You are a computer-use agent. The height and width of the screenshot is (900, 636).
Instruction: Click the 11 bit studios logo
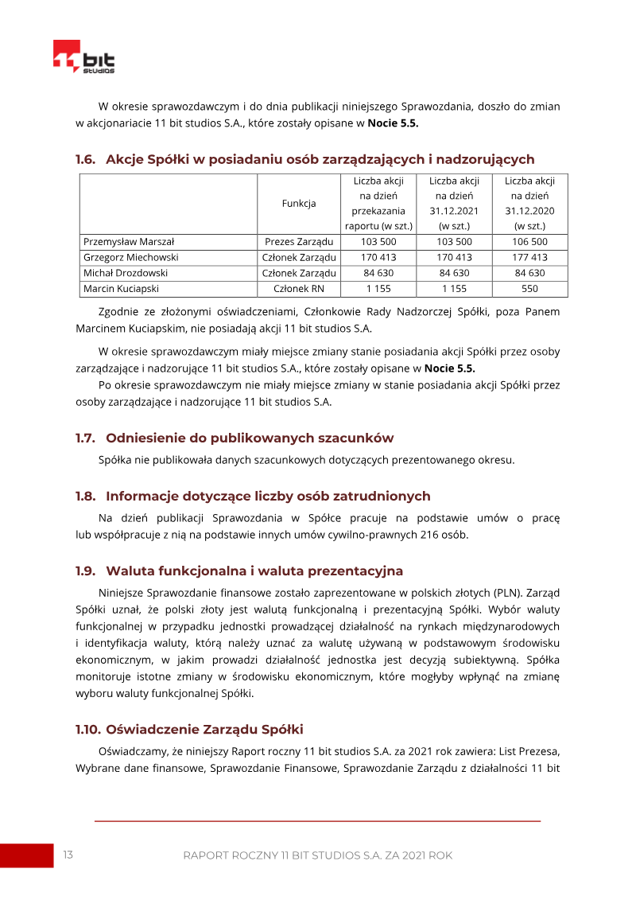[83, 56]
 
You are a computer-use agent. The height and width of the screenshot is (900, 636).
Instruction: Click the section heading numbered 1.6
[304, 159]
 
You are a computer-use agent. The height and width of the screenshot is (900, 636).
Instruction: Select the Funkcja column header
[299, 203]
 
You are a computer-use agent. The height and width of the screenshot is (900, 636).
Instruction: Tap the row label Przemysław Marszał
[129, 241]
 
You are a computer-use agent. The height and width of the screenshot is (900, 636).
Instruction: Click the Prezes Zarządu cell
[299, 241]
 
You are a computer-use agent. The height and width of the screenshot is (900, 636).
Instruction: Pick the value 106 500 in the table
[529, 241]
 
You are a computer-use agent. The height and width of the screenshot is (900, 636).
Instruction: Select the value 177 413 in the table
[529, 257]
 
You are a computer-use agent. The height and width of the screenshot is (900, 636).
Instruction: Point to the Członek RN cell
[299, 289]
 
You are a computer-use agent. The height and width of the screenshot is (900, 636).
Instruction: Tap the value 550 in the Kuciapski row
[529, 289]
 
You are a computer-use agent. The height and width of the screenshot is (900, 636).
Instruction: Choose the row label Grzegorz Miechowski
[130, 257]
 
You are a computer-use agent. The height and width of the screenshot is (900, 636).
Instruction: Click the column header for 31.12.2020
[529, 203]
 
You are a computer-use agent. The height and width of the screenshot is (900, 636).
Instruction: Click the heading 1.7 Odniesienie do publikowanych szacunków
[235, 438]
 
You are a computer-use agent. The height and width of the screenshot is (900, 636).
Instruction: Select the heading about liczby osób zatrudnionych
[253, 496]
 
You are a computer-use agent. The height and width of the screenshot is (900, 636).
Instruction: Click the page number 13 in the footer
[68, 855]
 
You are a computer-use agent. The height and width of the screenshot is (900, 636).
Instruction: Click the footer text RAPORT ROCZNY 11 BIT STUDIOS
[317, 855]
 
